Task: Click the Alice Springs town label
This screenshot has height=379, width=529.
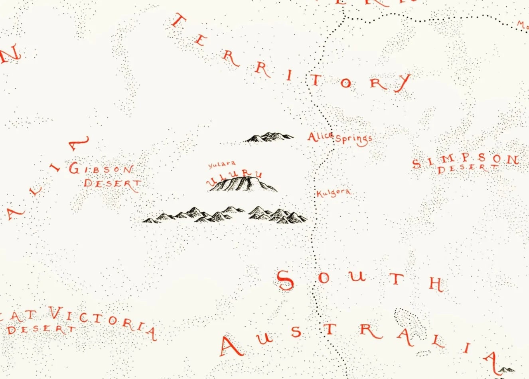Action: (x=340, y=138)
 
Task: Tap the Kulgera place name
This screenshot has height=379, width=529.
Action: (x=334, y=193)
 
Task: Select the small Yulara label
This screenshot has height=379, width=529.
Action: (x=222, y=164)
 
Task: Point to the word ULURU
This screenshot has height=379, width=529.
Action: (x=235, y=178)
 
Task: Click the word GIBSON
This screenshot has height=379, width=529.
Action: (x=101, y=169)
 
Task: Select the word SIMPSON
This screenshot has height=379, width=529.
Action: (x=465, y=161)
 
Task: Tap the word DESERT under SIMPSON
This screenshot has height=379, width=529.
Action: (x=468, y=169)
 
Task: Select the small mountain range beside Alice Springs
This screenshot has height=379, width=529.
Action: (x=269, y=137)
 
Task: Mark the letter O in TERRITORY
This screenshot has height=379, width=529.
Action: (x=345, y=83)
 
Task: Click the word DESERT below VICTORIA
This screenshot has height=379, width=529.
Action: (x=41, y=330)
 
